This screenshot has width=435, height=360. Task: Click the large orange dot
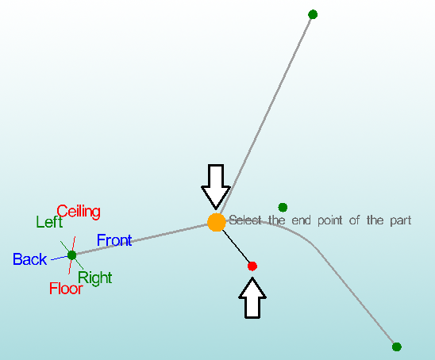(x=217, y=222)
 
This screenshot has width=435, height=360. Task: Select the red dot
(x=252, y=266)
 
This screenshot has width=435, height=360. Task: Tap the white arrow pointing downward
(x=216, y=186)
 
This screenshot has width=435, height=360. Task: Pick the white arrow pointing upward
(x=252, y=298)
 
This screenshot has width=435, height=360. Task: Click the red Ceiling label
(x=79, y=212)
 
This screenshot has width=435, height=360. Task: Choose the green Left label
(x=49, y=222)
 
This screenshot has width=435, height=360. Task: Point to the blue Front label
(x=114, y=240)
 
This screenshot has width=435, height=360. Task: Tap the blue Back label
(x=29, y=259)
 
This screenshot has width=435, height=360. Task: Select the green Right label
(x=95, y=278)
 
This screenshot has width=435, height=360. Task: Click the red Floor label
(x=66, y=289)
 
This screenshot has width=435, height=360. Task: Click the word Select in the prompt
(x=245, y=220)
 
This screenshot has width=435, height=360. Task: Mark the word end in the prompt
(x=302, y=220)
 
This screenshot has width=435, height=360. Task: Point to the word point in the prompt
(x=330, y=221)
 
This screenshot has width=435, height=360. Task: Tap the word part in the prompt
(x=401, y=221)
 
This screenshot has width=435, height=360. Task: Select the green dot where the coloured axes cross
(x=72, y=255)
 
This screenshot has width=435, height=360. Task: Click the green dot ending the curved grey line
(x=397, y=347)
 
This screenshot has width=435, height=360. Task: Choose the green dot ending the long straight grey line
(x=313, y=14)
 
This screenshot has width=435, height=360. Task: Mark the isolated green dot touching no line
(x=283, y=207)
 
